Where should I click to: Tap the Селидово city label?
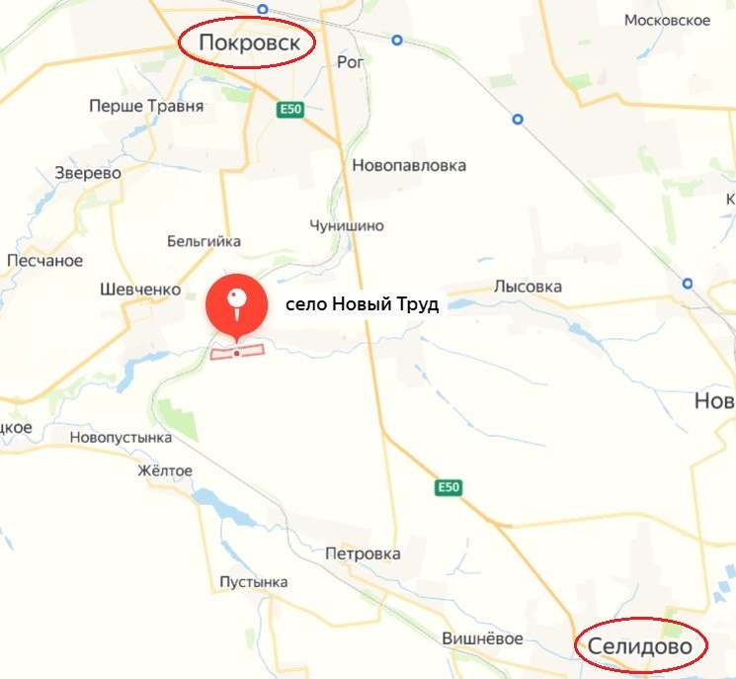pyautogui.click(x=642, y=646)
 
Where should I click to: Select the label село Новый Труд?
pyautogui.click(x=362, y=304)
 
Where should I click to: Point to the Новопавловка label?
pyautogui.click(x=409, y=165)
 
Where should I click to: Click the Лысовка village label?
pyautogui.click(x=528, y=287)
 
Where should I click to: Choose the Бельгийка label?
pyautogui.click(x=204, y=241)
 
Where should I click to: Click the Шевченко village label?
pyautogui.click(x=141, y=290)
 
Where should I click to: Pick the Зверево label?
pyautogui.click(x=88, y=173)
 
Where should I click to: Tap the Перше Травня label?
pyautogui.click(x=146, y=106)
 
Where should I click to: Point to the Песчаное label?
pyautogui.click(x=44, y=261)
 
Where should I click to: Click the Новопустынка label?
pyautogui.click(x=121, y=437)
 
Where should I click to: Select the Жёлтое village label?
pyautogui.click(x=165, y=470)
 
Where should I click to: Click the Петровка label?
pyautogui.click(x=363, y=553)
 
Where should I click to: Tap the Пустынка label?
pyautogui.click(x=254, y=582)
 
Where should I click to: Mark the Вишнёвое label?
pyautogui.click(x=482, y=637)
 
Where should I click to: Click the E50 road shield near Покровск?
pyautogui.click(x=289, y=109)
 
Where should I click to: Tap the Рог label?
pyautogui.click(x=351, y=62)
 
